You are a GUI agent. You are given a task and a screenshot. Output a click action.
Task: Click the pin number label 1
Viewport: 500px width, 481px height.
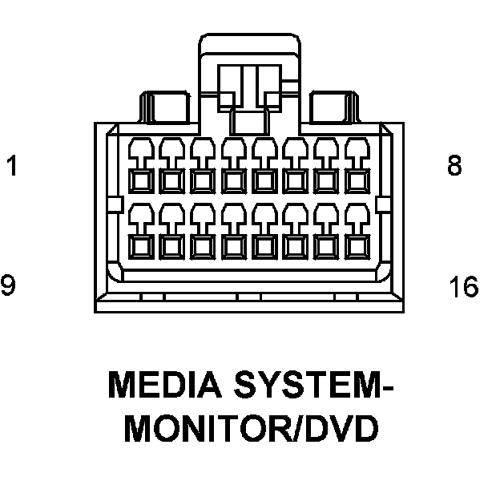click(x=11, y=167)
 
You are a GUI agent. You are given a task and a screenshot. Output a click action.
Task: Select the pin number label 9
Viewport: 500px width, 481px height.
click(x=9, y=285)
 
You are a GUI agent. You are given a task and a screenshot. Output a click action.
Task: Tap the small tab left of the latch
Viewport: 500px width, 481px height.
click(x=169, y=104)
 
